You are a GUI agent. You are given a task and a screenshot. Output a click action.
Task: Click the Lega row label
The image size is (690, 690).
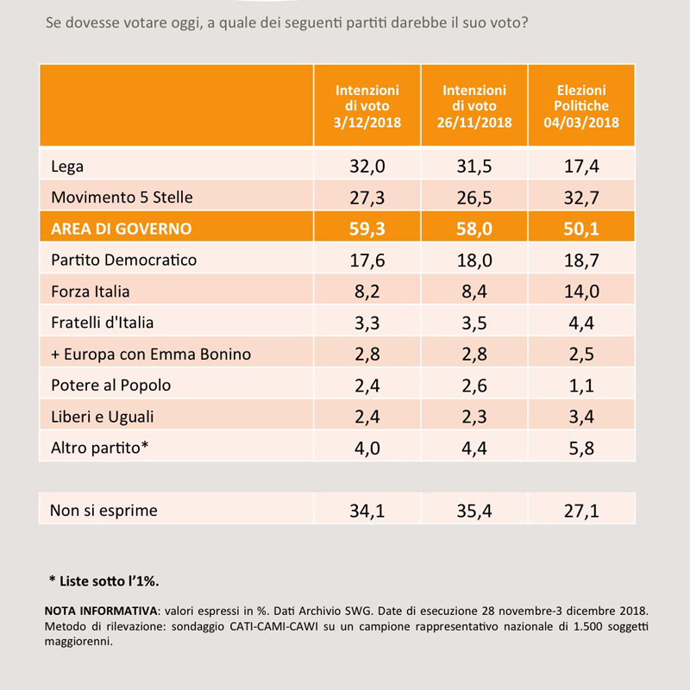[67, 166]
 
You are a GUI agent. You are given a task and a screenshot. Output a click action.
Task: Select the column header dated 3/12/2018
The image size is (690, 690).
[367, 106]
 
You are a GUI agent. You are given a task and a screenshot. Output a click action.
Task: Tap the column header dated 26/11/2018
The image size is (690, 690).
[474, 106]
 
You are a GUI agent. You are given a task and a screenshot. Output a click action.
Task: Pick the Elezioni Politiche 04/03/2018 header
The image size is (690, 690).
[581, 106]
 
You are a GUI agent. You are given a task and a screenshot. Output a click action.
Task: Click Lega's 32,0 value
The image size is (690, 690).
[367, 166]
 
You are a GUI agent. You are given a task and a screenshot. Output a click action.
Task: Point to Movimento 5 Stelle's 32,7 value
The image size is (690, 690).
[581, 198]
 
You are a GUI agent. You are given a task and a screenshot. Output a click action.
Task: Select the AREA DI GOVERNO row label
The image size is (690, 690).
[121, 229]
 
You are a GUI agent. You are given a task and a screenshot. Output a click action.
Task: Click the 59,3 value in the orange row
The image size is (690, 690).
[367, 229]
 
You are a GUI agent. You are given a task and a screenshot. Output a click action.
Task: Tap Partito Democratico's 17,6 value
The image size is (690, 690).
[367, 260]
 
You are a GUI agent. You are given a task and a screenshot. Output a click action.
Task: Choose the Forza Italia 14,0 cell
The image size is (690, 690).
[581, 292]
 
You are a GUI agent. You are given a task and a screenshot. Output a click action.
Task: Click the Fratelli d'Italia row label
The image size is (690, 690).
[102, 323]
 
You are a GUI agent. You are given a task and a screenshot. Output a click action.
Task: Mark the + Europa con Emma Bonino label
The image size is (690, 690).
[151, 354]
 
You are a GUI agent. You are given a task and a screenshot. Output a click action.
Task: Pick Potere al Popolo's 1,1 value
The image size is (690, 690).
[581, 386]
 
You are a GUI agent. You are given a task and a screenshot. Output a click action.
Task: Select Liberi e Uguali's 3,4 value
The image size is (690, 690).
[581, 417]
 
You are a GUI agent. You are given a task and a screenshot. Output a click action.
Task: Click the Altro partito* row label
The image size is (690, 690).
[99, 448]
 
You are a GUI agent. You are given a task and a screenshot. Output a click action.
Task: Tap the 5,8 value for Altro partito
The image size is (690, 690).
[581, 448]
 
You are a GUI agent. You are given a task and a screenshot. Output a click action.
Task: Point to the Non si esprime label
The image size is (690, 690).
[103, 511]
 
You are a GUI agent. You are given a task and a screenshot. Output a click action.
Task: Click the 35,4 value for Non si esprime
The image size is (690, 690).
[474, 511]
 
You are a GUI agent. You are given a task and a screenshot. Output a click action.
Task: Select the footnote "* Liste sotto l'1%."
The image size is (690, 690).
[103, 580]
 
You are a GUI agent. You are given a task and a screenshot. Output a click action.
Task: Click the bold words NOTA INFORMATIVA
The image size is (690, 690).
[101, 611]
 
